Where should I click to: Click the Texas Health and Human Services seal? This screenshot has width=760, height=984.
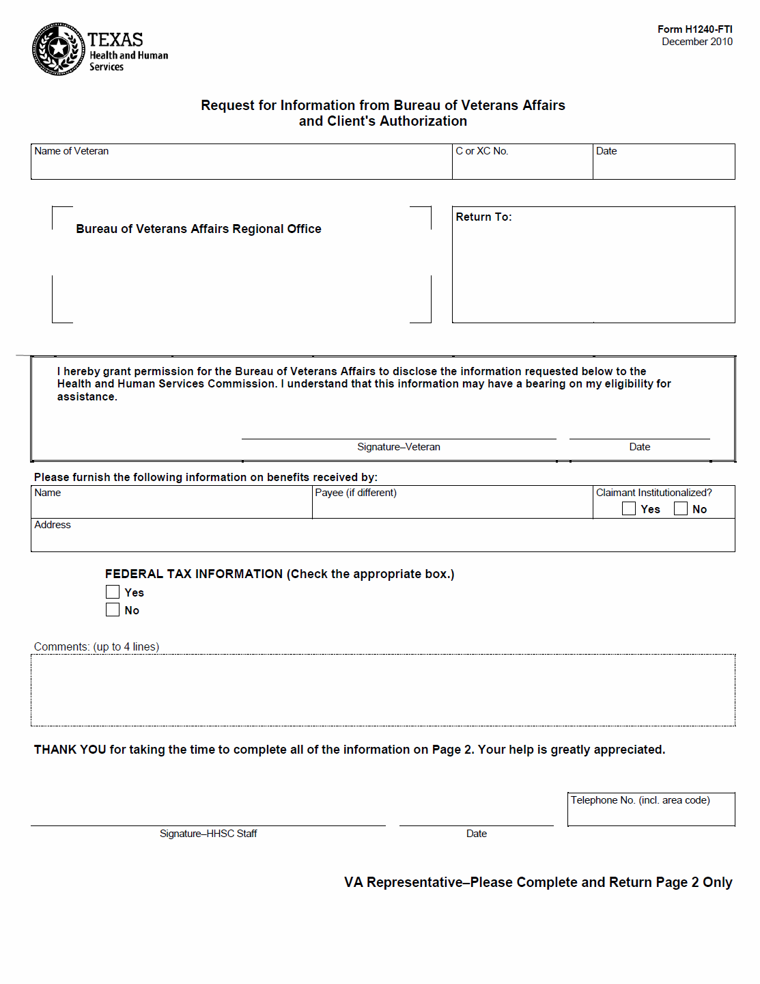(59, 49)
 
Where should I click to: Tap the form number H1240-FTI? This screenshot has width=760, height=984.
(694, 29)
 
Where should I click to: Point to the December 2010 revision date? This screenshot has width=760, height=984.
(696, 42)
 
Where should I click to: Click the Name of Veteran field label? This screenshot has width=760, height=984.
(71, 151)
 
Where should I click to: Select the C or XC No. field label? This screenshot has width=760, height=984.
(481, 151)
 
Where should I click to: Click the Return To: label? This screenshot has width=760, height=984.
(483, 217)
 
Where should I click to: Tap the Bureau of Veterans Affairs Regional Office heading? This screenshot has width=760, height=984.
(198, 229)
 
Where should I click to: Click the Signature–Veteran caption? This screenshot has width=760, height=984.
(398, 447)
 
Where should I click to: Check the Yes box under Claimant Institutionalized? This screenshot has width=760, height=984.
(629, 508)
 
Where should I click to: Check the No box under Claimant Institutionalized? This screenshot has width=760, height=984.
(680, 508)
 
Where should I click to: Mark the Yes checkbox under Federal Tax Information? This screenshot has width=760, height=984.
(113, 592)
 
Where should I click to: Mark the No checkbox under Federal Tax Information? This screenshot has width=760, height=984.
(113, 610)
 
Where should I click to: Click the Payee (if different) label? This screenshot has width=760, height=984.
(355, 493)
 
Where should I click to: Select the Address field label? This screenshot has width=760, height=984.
(53, 525)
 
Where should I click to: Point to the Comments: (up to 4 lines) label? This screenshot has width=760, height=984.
(96, 646)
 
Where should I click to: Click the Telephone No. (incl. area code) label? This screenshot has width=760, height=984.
(640, 800)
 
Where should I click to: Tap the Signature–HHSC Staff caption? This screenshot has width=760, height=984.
(208, 834)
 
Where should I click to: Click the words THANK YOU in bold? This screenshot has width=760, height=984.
(70, 750)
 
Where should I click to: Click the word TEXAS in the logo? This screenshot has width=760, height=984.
(115, 40)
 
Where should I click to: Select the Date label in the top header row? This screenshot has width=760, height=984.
(606, 151)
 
